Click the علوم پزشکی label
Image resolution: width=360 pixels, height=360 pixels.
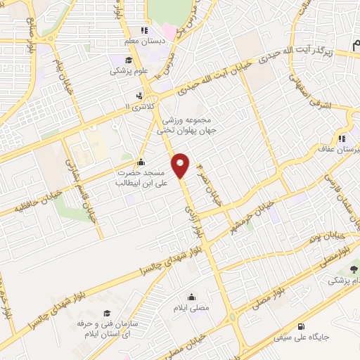[128, 71]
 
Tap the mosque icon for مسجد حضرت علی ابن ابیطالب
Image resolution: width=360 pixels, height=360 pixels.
[141, 162]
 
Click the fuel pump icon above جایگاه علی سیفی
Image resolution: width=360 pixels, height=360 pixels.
[302, 326]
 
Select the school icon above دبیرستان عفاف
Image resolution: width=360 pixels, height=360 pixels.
[342, 139]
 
